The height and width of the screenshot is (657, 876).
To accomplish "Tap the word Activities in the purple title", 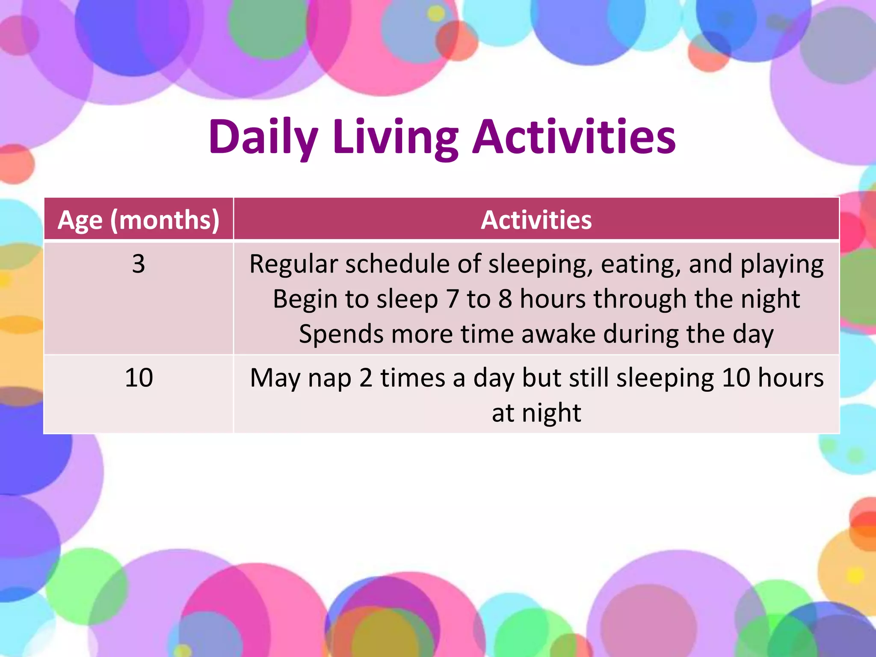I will tap(574, 136).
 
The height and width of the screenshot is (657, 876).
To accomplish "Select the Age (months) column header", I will tap(139, 220).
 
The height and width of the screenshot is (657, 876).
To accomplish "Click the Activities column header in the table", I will tap(536, 220).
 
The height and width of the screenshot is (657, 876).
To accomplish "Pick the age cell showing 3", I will tap(139, 264).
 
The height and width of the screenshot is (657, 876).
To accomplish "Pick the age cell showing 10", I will tap(139, 378).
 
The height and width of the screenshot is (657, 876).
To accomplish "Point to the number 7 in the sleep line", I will tap(452, 299).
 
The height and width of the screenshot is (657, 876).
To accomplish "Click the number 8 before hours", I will tap(505, 299).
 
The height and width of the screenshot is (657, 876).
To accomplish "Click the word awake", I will tap(558, 334).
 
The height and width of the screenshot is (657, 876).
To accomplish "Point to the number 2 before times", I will tap(366, 378).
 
